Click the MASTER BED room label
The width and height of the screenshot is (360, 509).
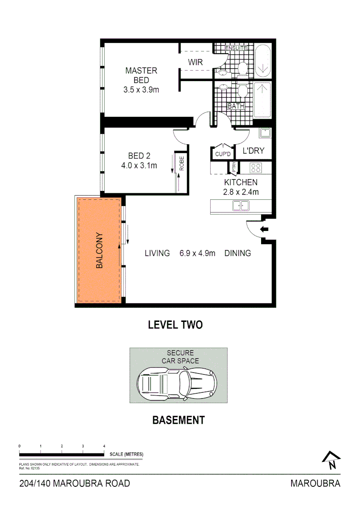pyautogui.click(x=141, y=75)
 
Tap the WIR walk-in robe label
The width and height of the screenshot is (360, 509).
pyautogui.click(x=195, y=62)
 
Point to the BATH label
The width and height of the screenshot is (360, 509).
pyautogui.click(x=236, y=106)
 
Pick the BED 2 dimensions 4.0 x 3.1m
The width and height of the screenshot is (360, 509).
pyautogui.click(x=139, y=165)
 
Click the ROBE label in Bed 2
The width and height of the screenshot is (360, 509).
pyautogui.click(x=181, y=164)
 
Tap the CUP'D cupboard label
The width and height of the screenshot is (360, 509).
pyautogui.click(x=222, y=154)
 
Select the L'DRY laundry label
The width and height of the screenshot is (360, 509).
pyautogui.click(x=254, y=151)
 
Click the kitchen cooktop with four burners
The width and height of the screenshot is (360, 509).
pyautogui.click(x=256, y=167)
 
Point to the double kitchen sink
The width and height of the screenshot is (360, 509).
pyautogui.click(x=241, y=205)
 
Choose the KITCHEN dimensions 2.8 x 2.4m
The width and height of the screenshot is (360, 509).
pyautogui.click(x=241, y=192)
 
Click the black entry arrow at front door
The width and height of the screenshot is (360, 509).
pyautogui.click(x=264, y=230)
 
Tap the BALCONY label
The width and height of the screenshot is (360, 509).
pyautogui.click(x=99, y=250)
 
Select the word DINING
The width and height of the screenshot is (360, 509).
pyautogui.click(x=237, y=253)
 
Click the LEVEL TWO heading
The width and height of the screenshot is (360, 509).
pyautogui.click(x=175, y=325)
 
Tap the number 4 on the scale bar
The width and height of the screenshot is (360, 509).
pyautogui.click(x=104, y=445)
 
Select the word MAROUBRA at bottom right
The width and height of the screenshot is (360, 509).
pyautogui.click(x=315, y=483)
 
